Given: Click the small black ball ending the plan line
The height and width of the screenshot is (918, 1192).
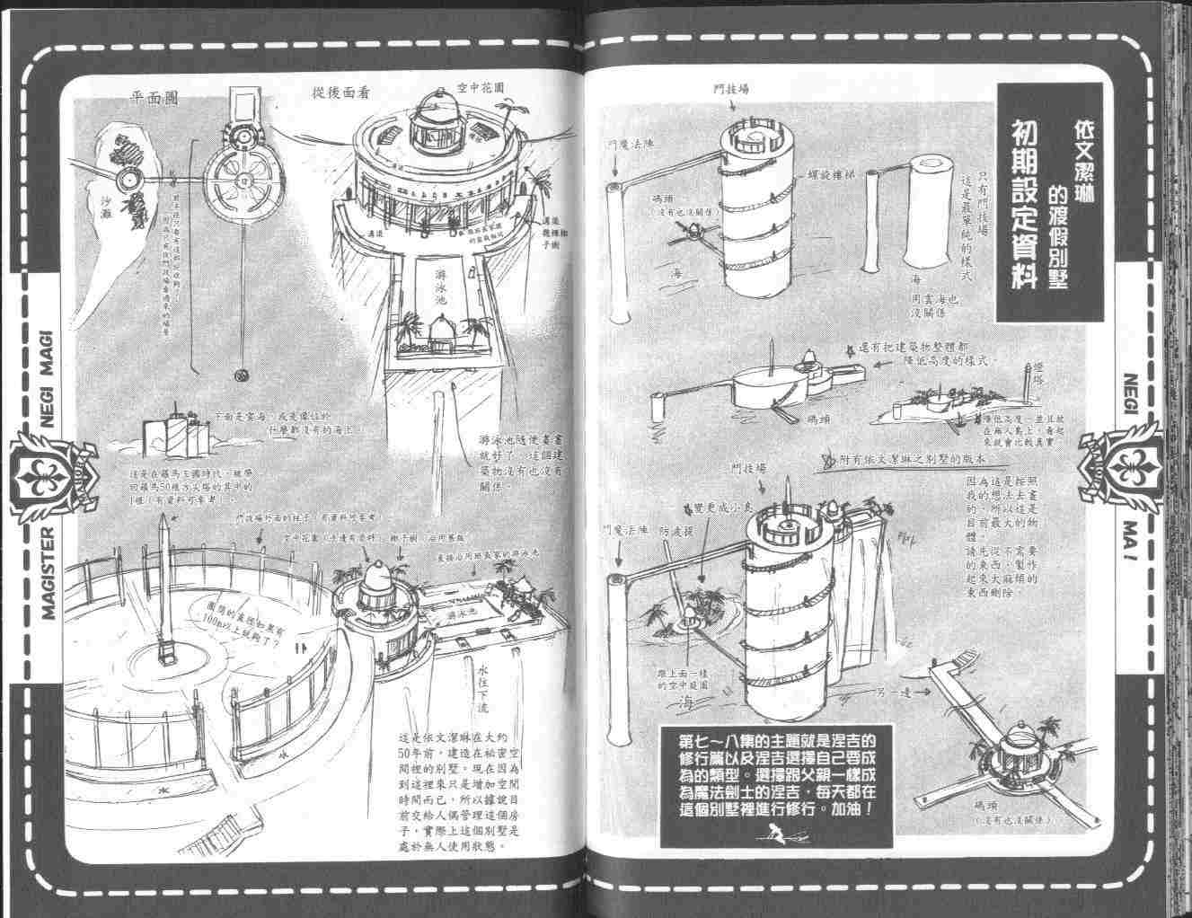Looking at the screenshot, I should [x=239, y=374].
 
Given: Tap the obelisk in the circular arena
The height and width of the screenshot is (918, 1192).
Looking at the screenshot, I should [x=163, y=584].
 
